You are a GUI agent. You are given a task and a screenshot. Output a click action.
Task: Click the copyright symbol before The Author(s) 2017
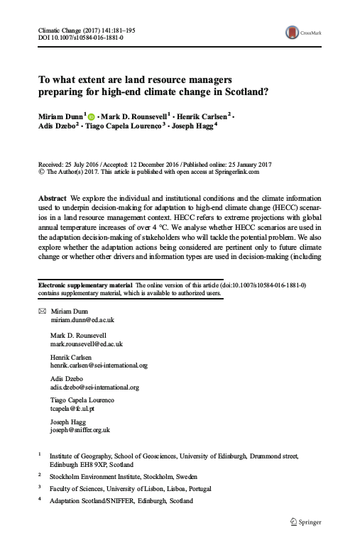point(40,171)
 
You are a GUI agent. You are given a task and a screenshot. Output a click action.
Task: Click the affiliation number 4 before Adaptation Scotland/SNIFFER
point(39,499)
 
